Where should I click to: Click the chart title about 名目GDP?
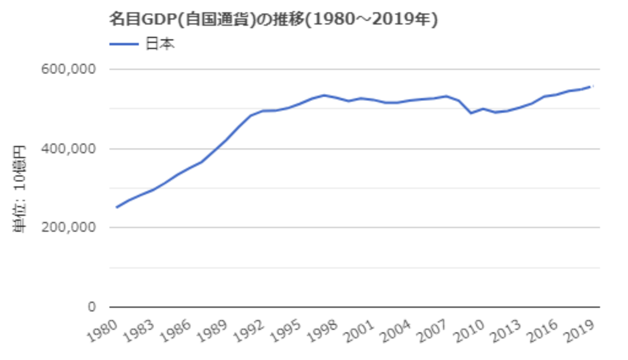pyautogui.click(x=273, y=20)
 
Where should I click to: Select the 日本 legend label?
pyautogui.click(x=160, y=44)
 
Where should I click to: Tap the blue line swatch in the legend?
pyautogui.click(x=123, y=44)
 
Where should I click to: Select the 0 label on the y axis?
pyautogui.click(x=91, y=308)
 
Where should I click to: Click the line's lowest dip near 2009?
pyautogui.click(x=471, y=113)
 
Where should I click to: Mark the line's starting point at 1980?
pyautogui.click(x=116, y=207)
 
